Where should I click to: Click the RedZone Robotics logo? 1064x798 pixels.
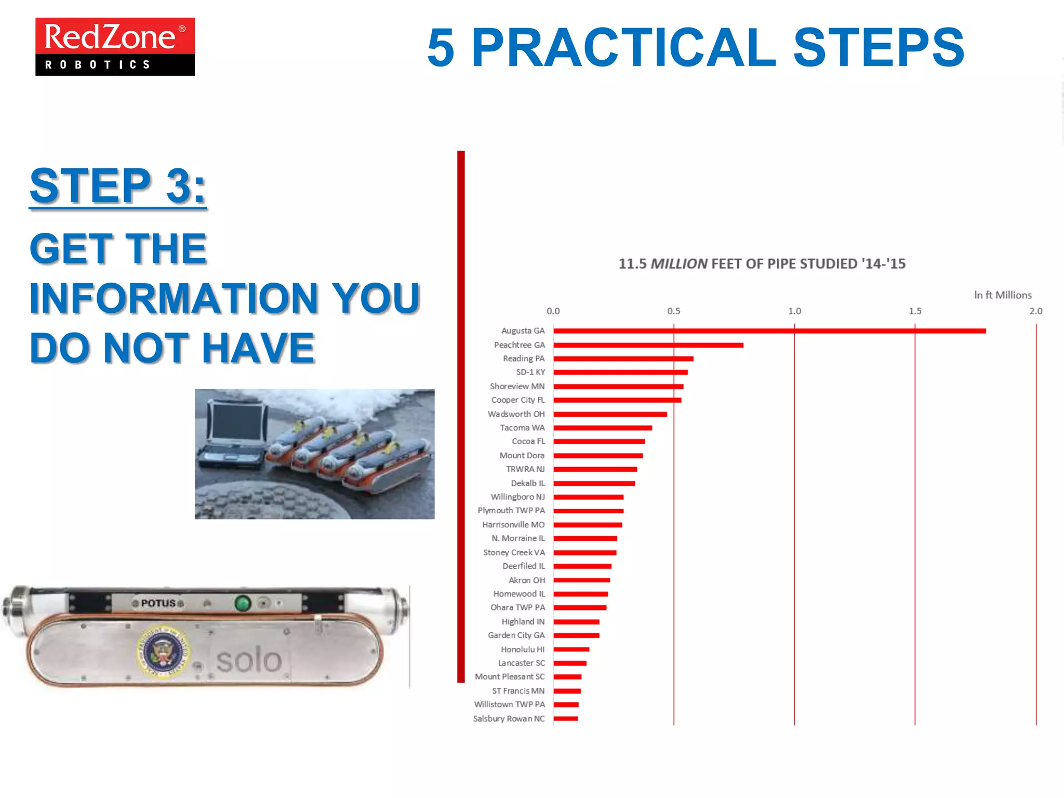[x=115, y=47]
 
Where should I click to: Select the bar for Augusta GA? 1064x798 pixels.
[x=769, y=331]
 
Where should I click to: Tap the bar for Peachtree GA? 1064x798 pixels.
[x=648, y=345]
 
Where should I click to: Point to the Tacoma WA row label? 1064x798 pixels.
[x=522, y=428]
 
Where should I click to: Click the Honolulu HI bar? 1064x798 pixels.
[x=571, y=649]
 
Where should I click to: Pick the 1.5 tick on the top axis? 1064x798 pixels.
[x=915, y=311]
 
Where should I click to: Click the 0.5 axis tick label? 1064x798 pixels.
[x=673, y=311]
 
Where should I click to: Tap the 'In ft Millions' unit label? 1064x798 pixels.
[x=1002, y=295]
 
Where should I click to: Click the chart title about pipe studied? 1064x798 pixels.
[x=762, y=264]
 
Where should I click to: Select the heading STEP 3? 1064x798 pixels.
[x=118, y=186]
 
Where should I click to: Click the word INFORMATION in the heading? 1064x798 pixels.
[x=174, y=298]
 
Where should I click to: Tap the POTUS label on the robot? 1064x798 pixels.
[x=158, y=603]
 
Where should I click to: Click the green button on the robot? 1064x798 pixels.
[x=243, y=603]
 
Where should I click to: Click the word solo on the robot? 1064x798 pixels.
[x=249, y=660]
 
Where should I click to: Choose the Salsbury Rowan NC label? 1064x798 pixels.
[x=509, y=719]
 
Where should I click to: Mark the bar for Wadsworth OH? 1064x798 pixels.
[x=610, y=414]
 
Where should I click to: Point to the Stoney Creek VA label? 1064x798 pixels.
[x=514, y=552]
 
